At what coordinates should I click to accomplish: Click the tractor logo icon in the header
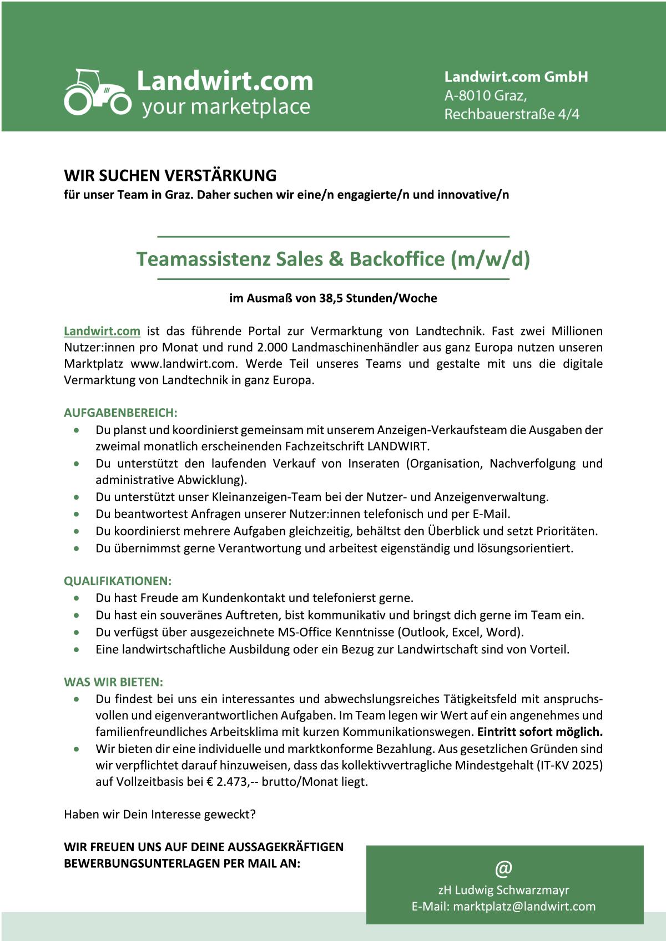[x=98, y=93]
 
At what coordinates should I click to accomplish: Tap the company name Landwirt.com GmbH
[x=516, y=77]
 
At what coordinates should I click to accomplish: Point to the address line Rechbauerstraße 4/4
[x=511, y=114]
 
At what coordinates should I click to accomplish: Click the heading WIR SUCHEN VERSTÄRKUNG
[x=170, y=175]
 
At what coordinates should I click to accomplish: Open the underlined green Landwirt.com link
[x=102, y=331]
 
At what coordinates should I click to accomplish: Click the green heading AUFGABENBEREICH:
[x=120, y=413]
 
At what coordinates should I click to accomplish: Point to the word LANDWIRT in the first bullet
[x=397, y=446]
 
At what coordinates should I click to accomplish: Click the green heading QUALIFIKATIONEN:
[x=118, y=581]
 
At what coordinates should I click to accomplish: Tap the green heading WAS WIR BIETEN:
[x=113, y=682]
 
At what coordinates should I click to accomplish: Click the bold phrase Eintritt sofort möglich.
[x=539, y=732]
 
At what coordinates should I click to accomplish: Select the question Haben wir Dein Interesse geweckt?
[x=160, y=815]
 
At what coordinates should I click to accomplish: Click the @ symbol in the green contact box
[x=504, y=868]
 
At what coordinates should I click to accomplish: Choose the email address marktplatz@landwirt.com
[x=524, y=907]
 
